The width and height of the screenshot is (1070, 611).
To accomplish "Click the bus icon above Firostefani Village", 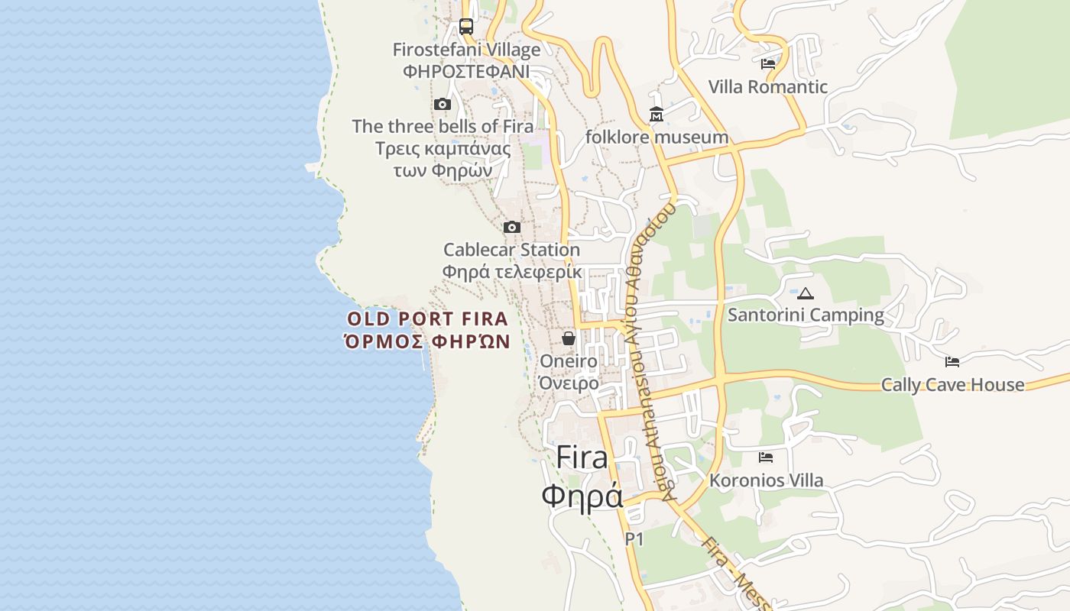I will click(466, 27).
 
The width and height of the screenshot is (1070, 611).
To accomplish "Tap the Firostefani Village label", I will click(466, 50).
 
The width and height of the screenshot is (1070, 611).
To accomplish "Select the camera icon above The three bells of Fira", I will click(443, 105).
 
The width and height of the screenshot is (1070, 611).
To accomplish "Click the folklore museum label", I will click(657, 137).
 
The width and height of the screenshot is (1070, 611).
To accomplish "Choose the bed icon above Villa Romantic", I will click(768, 64).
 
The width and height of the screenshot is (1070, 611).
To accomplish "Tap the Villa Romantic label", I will click(767, 87).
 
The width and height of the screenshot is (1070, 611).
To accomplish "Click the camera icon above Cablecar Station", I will click(512, 227).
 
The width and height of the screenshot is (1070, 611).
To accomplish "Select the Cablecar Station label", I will click(511, 250).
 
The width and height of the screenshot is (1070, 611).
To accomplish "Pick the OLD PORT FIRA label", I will click(427, 318).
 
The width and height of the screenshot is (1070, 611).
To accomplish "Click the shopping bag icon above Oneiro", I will click(569, 338).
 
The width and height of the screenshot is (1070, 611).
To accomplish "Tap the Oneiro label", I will click(569, 360).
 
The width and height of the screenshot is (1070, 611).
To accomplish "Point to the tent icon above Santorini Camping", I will click(806, 293).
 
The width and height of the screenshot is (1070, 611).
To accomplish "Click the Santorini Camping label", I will click(806, 315).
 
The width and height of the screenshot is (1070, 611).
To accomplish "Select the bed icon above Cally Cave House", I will click(952, 362).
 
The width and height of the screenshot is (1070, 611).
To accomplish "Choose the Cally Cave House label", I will click(952, 384).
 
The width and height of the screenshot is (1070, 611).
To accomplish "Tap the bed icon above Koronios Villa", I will click(766, 457).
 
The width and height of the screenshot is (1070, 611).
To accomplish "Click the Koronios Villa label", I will click(767, 480).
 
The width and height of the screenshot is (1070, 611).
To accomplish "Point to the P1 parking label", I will click(634, 539).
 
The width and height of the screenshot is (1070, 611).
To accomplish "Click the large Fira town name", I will click(582, 457).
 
